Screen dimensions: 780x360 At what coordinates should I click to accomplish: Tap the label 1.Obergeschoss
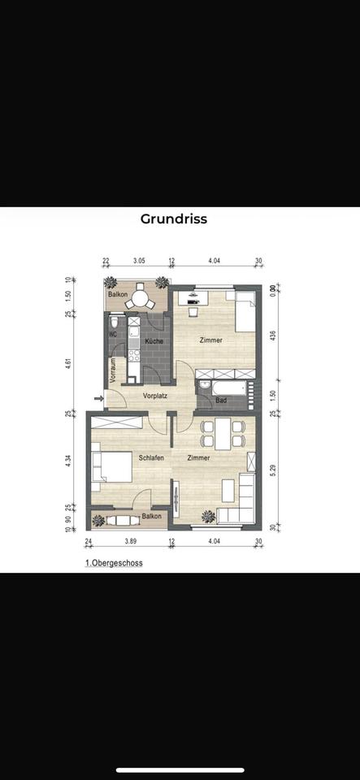(114, 561)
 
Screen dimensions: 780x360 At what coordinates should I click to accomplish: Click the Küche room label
(154, 341)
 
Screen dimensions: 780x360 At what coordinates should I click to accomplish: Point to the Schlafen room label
(151, 458)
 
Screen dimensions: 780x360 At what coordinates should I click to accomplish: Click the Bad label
(221, 401)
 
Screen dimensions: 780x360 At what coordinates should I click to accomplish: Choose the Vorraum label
(112, 370)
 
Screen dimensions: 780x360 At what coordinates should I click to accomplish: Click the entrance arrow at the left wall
(98, 398)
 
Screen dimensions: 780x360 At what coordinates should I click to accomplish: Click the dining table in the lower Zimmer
(219, 435)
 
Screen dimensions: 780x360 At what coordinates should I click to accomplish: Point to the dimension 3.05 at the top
(139, 261)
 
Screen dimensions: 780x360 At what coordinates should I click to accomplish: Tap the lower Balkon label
(151, 516)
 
